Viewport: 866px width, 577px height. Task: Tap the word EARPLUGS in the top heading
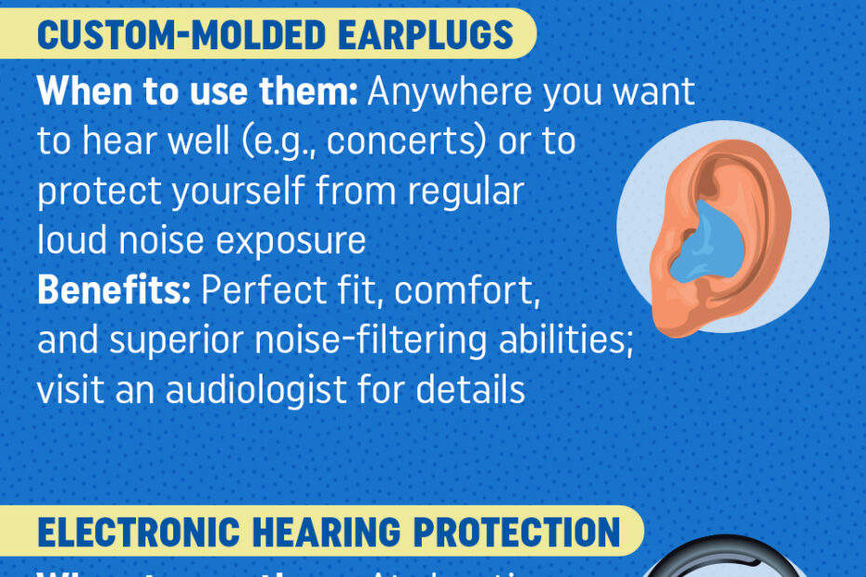tap(431, 34)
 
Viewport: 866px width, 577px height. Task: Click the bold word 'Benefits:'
tap(114, 291)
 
